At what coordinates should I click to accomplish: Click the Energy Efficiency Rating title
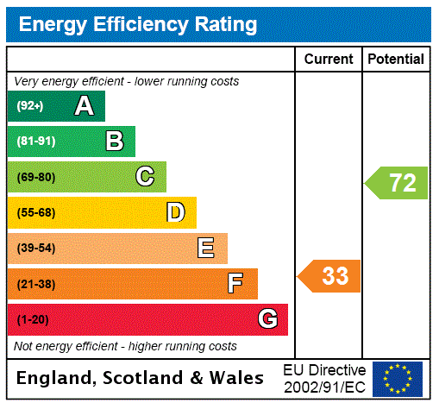pyautogui.click(x=138, y=25)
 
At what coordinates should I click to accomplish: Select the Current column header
pyautogui.click(x=329, y=60)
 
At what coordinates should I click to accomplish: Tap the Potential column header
pyautogui.click(x=396, y=60)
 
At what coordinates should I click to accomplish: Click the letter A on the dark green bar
pyautogui.click(x=84, y=106)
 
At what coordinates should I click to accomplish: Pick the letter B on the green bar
pyautogui.click(x=114, y=142)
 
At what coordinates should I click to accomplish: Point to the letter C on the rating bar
pyautogui.click(x=145, y=177)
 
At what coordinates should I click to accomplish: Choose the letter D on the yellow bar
pyautogui.click(x=175, y=212)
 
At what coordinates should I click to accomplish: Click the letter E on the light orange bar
pyautogui.click(x=206, y=249)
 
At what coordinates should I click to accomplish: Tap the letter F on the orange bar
pyautogui.click(x=235, y=284)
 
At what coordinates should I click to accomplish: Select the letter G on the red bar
pyautogui.click(x=267, y=319)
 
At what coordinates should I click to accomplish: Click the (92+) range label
pyautogui.click(x=29, y=106)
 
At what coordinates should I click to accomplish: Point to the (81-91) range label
pyautogui.click(x=34, y=142)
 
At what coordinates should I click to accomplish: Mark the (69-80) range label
pyautogui.click(x=35, y=177)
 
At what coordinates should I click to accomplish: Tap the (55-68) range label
pyautogui.click(x=35, y=212)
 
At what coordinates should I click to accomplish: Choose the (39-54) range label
pyautogui.click(x=35, y=249)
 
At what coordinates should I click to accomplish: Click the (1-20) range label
pyautogui.click(x=32, y=319)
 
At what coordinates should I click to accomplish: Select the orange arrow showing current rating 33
pyautogui.click(x=330, y=276)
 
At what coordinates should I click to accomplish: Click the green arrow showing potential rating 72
pyautogui.click(x=398, y=183)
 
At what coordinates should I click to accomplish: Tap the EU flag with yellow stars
pyautogui.click(x=397, y=379)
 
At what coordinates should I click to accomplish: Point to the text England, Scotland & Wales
pyautogui.click(x=141, y=378)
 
